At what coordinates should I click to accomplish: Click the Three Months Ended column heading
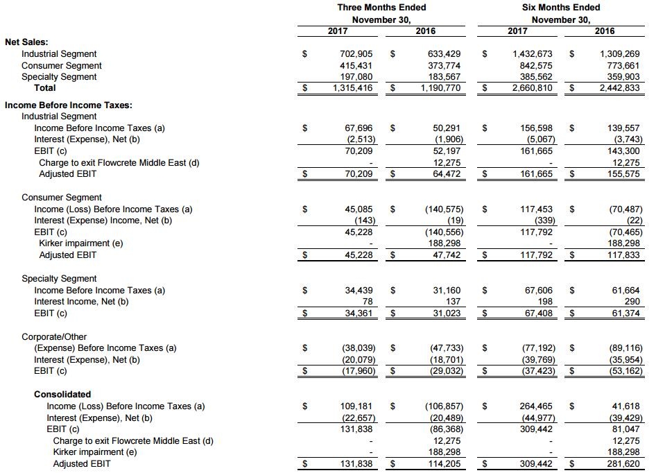tap(381, 8)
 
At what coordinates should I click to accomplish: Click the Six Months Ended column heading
tap(561, 8)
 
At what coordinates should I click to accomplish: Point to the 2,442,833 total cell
tap(619, 88)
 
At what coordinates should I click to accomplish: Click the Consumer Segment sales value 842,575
tap(533, 66)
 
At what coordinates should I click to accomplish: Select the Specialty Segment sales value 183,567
tap(444, 77)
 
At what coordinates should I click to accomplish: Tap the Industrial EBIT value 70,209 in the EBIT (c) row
tap(359, 151)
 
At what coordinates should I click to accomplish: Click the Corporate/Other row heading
tap(54, 337)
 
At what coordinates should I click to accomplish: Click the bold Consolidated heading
tap(62, 395)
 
